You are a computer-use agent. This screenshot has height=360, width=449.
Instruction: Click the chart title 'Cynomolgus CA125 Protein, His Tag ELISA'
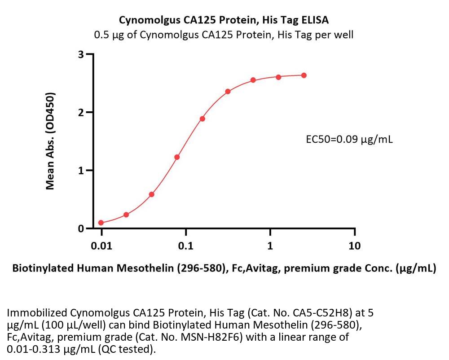[x=224, y=20]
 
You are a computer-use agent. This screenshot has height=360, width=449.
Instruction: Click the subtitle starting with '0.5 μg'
[x=223, y=35]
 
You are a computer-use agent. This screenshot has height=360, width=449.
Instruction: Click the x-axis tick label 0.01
[x=101, y=246]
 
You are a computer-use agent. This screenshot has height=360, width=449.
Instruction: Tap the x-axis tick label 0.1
[x=185, y=246]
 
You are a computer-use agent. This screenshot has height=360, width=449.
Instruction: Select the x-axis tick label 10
[x=354, y=246]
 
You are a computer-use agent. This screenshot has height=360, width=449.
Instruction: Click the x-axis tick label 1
[x=270, y=246]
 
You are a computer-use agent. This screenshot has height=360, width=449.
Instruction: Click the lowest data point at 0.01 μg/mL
[x=101, y=223]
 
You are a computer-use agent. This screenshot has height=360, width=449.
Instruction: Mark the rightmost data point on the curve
[x=304, y=75]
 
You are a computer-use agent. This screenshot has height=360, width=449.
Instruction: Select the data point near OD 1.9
[x=202, y=119]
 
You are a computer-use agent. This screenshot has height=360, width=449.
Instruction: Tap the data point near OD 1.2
[x=177, y=157]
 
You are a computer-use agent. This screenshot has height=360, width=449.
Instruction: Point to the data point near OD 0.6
[x=152, y=194]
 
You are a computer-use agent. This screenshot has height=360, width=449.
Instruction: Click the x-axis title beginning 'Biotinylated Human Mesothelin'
[x=224, y=269]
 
